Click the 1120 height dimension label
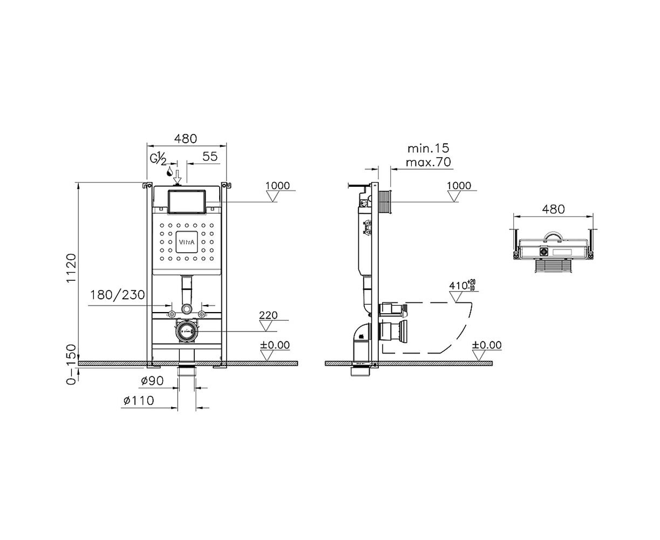coord(71,268)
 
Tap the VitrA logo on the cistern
coord(187,242)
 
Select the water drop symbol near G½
coord(169,171)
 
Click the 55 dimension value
coord(210,156)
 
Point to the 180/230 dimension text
coord(118,295)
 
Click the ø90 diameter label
coord(152,381)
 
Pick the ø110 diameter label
coord(139,401)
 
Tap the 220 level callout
coord(268,315)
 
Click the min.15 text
coord(428,148)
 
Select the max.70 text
coord(428,162)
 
